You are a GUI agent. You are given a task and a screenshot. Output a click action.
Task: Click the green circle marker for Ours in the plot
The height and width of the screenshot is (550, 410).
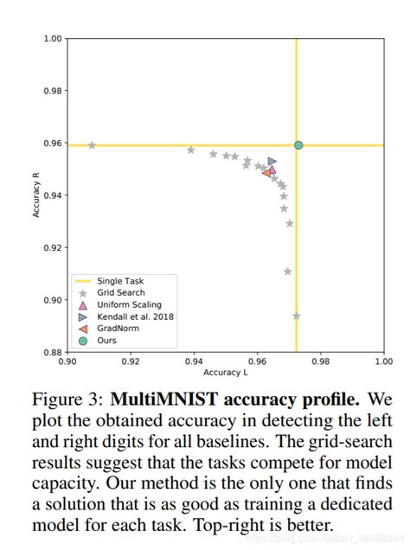(298, 144)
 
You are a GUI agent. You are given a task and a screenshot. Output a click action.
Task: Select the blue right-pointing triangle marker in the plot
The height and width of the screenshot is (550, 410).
(272, 161)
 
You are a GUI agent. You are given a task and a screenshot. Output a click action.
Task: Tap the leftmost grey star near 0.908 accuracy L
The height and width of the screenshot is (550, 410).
(92, 144)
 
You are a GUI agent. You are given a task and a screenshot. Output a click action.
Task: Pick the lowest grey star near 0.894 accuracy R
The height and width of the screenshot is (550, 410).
(296, 316)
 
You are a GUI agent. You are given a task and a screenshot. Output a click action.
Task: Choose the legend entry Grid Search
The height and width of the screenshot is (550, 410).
(121, 292)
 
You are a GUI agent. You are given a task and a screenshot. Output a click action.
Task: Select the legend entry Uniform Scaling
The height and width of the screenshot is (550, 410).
(127, 304)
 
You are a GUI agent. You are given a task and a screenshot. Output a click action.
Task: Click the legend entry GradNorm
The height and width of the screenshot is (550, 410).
(119, 329)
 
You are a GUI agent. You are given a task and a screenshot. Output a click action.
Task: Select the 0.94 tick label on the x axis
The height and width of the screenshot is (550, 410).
(194, 361)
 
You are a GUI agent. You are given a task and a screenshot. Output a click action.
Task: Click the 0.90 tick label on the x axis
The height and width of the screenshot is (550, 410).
(67, 361)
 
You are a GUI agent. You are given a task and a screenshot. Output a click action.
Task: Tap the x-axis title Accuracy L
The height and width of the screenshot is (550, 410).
(225, 373)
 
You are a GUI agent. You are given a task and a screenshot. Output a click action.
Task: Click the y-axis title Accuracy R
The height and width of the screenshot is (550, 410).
(36, 196)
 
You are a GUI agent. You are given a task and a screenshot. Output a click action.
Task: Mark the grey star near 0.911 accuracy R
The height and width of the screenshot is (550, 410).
(288, 272)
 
